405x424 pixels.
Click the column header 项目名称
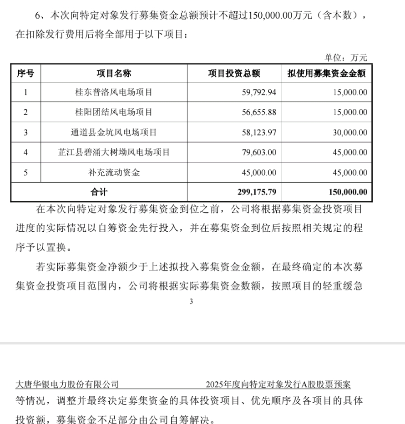[114, 73]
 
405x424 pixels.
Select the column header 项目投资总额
[234, 73]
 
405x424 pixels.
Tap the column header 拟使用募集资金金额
[327, 73]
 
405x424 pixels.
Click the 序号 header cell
[25, 73]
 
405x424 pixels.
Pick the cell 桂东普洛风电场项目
[114, 93]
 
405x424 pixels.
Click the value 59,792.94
[257, 93]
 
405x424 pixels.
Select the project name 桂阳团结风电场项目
[114, 112]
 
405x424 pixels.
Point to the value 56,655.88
[257, 112]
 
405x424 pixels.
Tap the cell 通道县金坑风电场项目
[114, 132]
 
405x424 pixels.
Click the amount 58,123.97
[257, 132]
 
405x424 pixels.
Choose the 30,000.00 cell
[349, 132]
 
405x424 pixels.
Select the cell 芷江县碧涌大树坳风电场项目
[114, 152]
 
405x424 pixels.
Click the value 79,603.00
[257, 152]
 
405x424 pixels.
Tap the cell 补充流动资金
[114, 172]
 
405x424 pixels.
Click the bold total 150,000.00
[348, 192]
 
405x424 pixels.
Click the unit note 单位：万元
[345, 58]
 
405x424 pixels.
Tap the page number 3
[191, 301]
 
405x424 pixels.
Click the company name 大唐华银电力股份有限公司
[67, 384]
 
